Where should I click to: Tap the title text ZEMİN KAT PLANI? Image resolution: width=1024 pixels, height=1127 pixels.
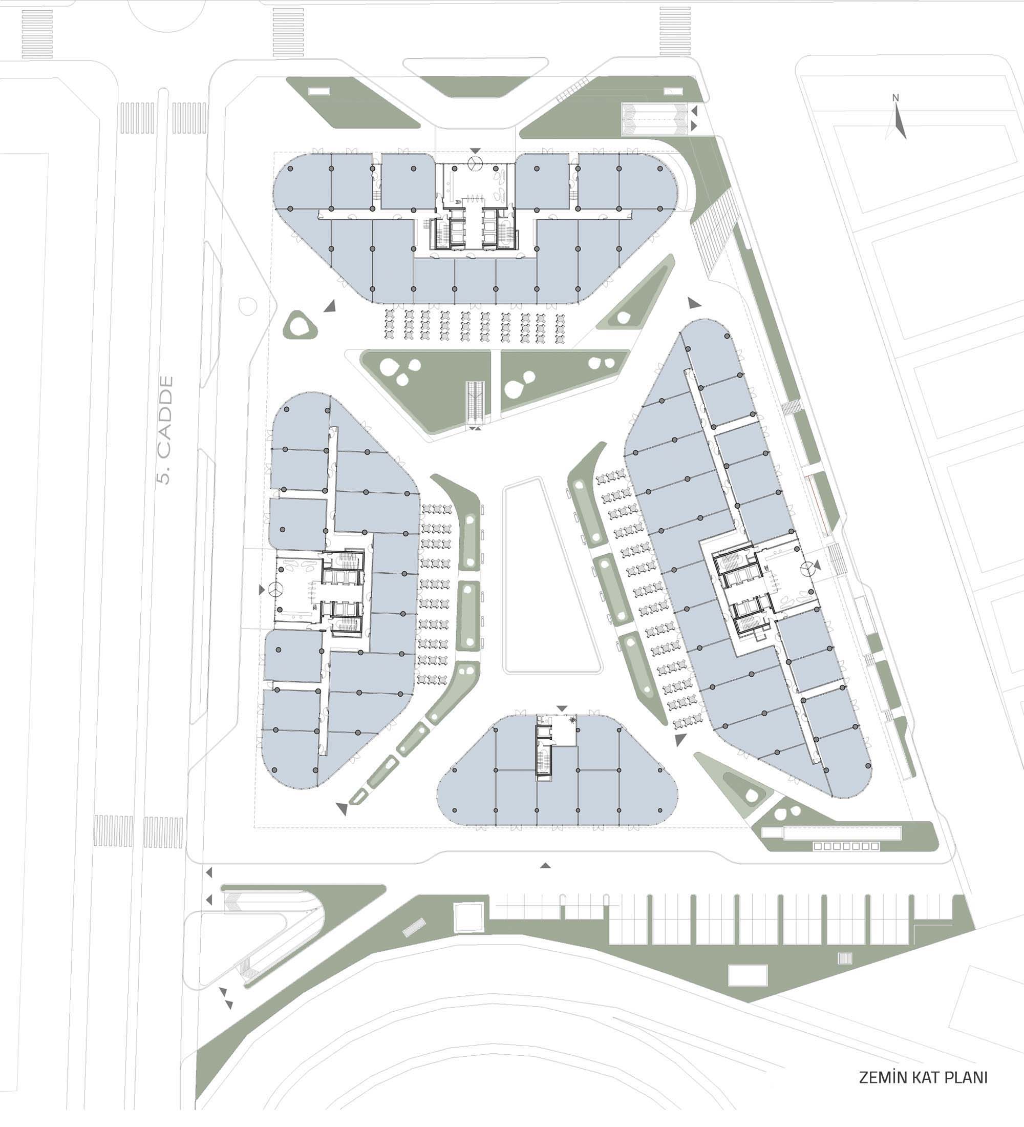[923, 1077]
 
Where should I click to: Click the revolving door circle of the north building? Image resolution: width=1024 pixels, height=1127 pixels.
[475, 163]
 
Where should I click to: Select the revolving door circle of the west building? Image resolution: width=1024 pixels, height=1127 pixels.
[276, 589]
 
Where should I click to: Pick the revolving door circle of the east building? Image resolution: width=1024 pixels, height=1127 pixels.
[807, 569]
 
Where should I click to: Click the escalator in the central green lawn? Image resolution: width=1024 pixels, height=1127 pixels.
[476, 402]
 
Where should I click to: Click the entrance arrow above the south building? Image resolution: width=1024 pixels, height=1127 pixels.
[562, 709]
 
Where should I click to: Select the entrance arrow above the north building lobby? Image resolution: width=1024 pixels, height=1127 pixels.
[475, 151]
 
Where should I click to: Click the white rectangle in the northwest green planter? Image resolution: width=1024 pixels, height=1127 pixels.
[319, 91]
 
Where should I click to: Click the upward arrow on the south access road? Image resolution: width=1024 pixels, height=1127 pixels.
[546, 866]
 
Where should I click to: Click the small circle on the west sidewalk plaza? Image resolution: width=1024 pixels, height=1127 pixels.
[247, 306]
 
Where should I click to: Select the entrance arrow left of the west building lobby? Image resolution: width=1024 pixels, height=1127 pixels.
[262, 590]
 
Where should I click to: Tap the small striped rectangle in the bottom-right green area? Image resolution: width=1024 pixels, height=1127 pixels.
[845, 958]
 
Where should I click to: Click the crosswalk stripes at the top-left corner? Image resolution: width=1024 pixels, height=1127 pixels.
[37, 33]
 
